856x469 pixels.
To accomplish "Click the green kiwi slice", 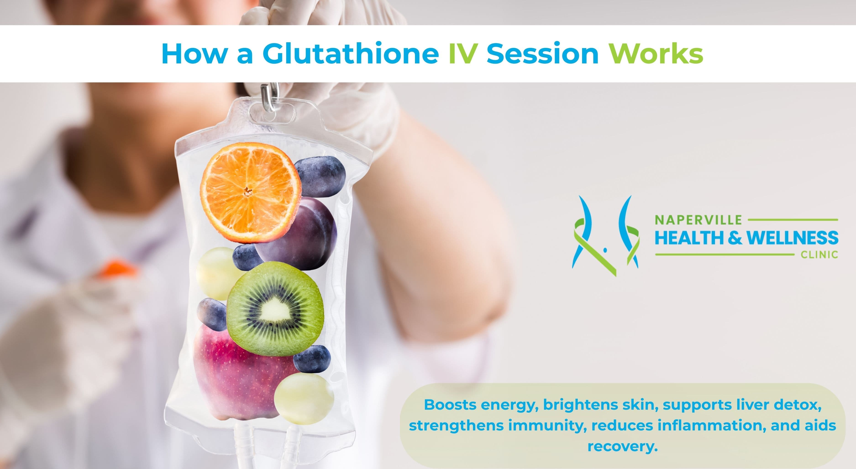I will pos(275,309).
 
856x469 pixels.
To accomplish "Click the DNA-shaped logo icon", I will pos(605,236).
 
